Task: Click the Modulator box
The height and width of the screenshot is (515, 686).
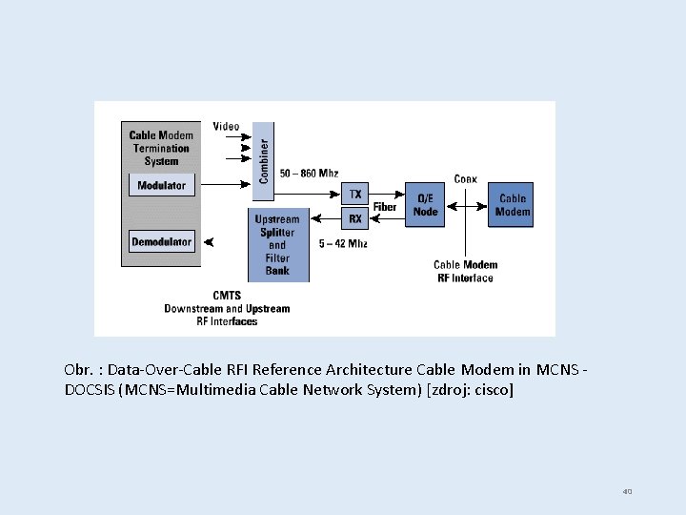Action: click(x=161, y=185)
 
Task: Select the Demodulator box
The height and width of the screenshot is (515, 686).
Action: click(x=161, y=242)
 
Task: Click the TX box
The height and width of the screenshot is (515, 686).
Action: click(x=355, y=194)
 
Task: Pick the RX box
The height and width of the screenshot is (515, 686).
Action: click(x=355, y=219)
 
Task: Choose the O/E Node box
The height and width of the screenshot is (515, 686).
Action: click(x=425, y=205)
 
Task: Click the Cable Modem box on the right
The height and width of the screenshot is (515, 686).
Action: click(x=513, y=205)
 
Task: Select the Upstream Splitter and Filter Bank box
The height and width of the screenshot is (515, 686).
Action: click(x=278, y=245)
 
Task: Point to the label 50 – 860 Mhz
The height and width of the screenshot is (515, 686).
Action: click(x=309, y=174)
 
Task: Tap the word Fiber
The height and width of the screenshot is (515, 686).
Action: click(x=385, y=207)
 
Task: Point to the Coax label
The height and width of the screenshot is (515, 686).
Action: click(x=466, y=178)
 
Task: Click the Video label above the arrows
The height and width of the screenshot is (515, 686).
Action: click(x=226, y=127)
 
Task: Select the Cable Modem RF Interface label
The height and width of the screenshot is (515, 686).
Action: click(x=465, y=272)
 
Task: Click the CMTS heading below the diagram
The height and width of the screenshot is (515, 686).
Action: click(x=227, y=296)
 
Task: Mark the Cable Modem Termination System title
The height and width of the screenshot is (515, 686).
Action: click(x=161, y=148)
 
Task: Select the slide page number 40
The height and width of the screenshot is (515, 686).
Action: click(x=627, y=491)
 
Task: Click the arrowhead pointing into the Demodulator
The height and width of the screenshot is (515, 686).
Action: click(x=209, y=242)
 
